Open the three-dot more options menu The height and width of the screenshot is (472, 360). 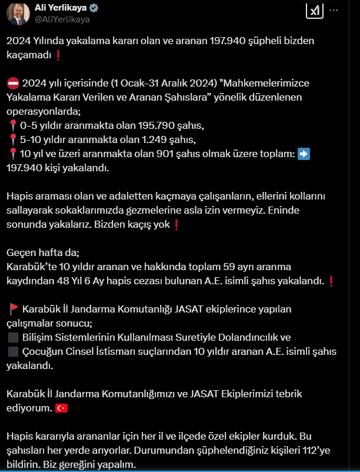tap(334, 11)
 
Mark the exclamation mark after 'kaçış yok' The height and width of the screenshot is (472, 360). tap(175, 224)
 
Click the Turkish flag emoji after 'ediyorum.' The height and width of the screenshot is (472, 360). tap(61, 408)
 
